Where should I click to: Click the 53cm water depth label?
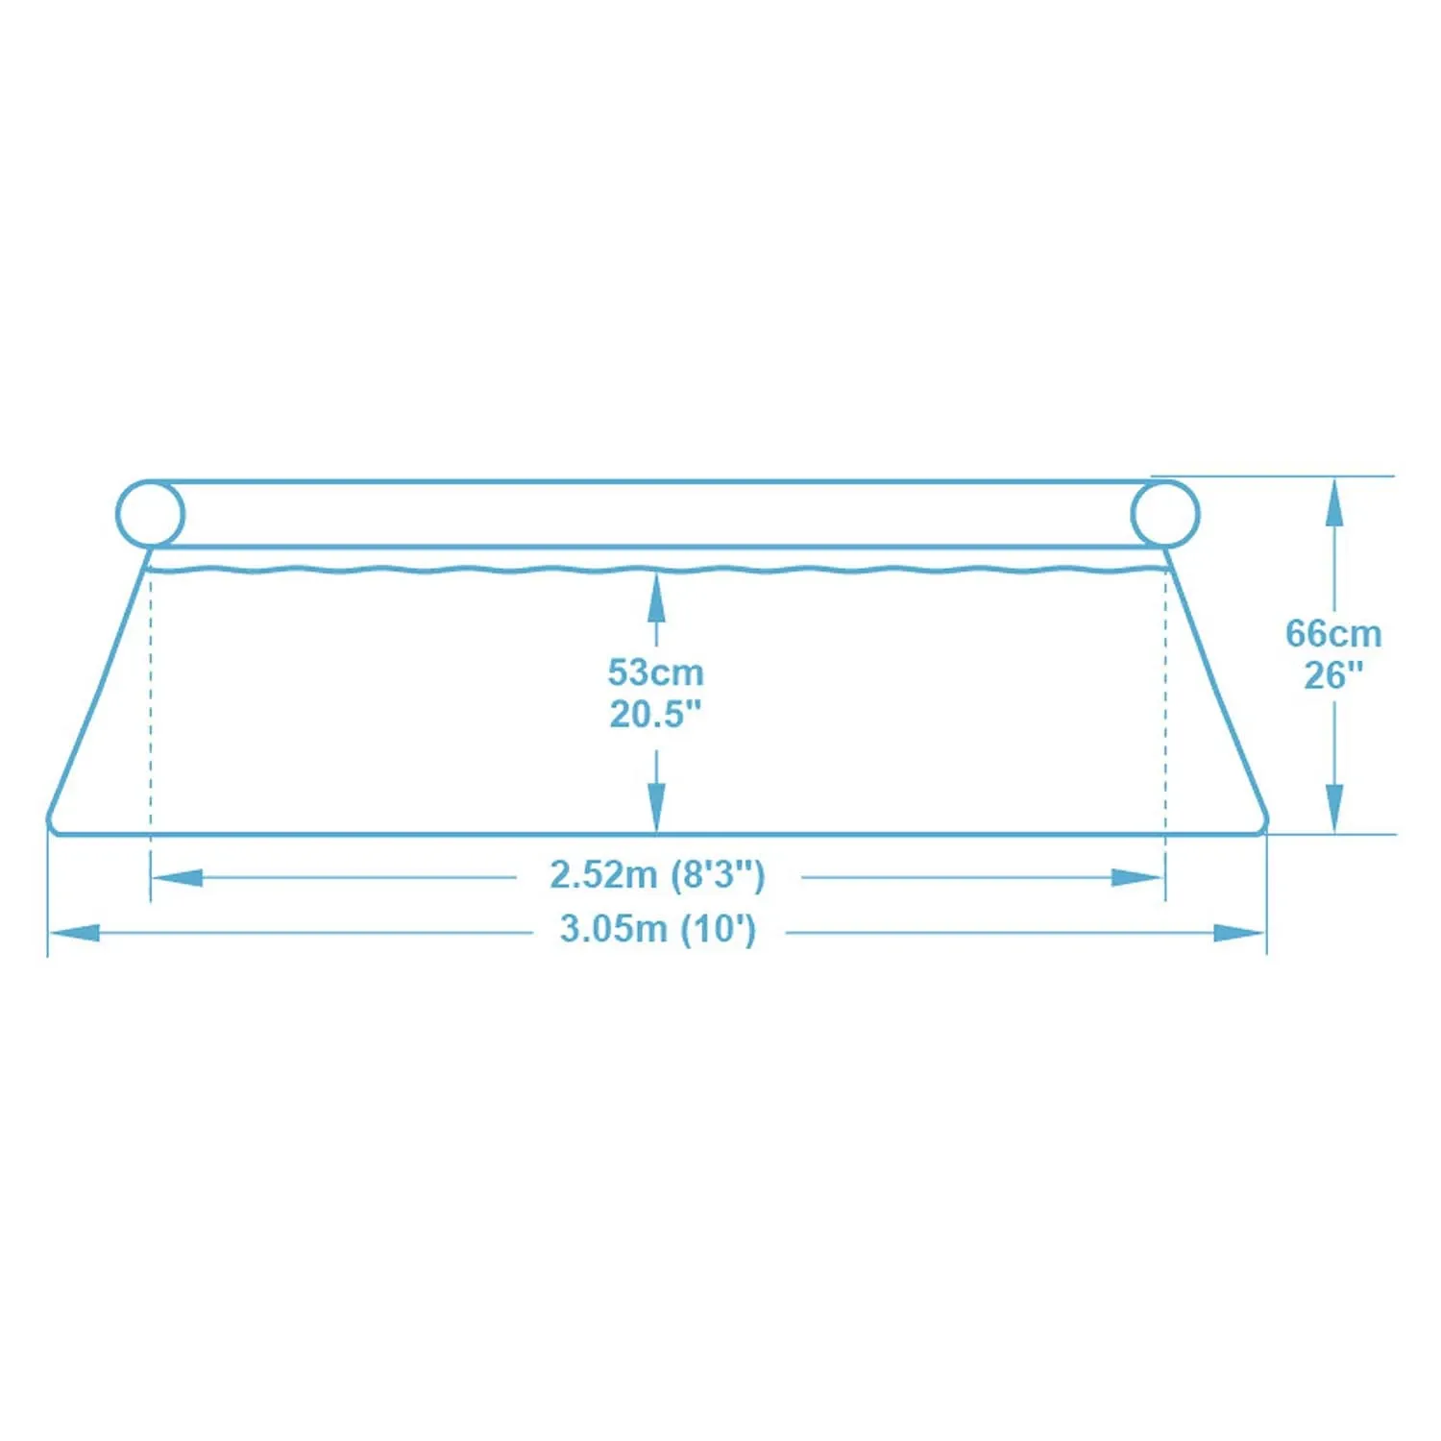656,672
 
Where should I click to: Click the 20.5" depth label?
656,714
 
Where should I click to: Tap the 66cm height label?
1333,634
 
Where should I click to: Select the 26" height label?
1333,675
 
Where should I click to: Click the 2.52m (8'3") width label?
657,875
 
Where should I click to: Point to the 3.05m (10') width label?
658,930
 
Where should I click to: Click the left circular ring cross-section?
150,514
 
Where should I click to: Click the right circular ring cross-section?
1165,514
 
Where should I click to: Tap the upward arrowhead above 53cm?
656,596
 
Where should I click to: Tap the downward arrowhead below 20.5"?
656,807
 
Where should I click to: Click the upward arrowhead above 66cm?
1333,501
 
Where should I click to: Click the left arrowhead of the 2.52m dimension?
178,877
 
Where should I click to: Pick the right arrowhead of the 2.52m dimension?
1138,877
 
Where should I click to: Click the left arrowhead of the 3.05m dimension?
75,933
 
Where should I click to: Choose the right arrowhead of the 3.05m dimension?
1240,933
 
